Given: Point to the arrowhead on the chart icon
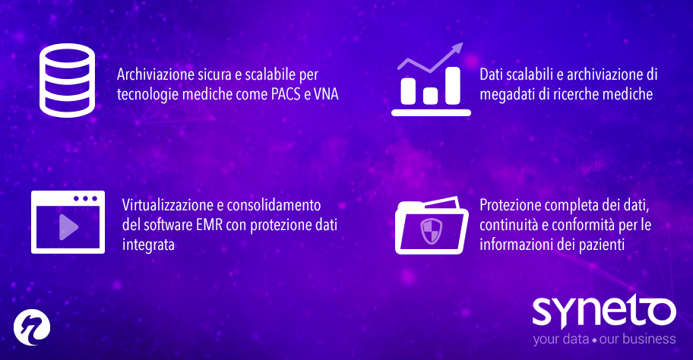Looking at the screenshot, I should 457,49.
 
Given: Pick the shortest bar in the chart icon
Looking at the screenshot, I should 431,95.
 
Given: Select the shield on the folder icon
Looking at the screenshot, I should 431,230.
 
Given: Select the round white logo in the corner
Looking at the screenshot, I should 31,327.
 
